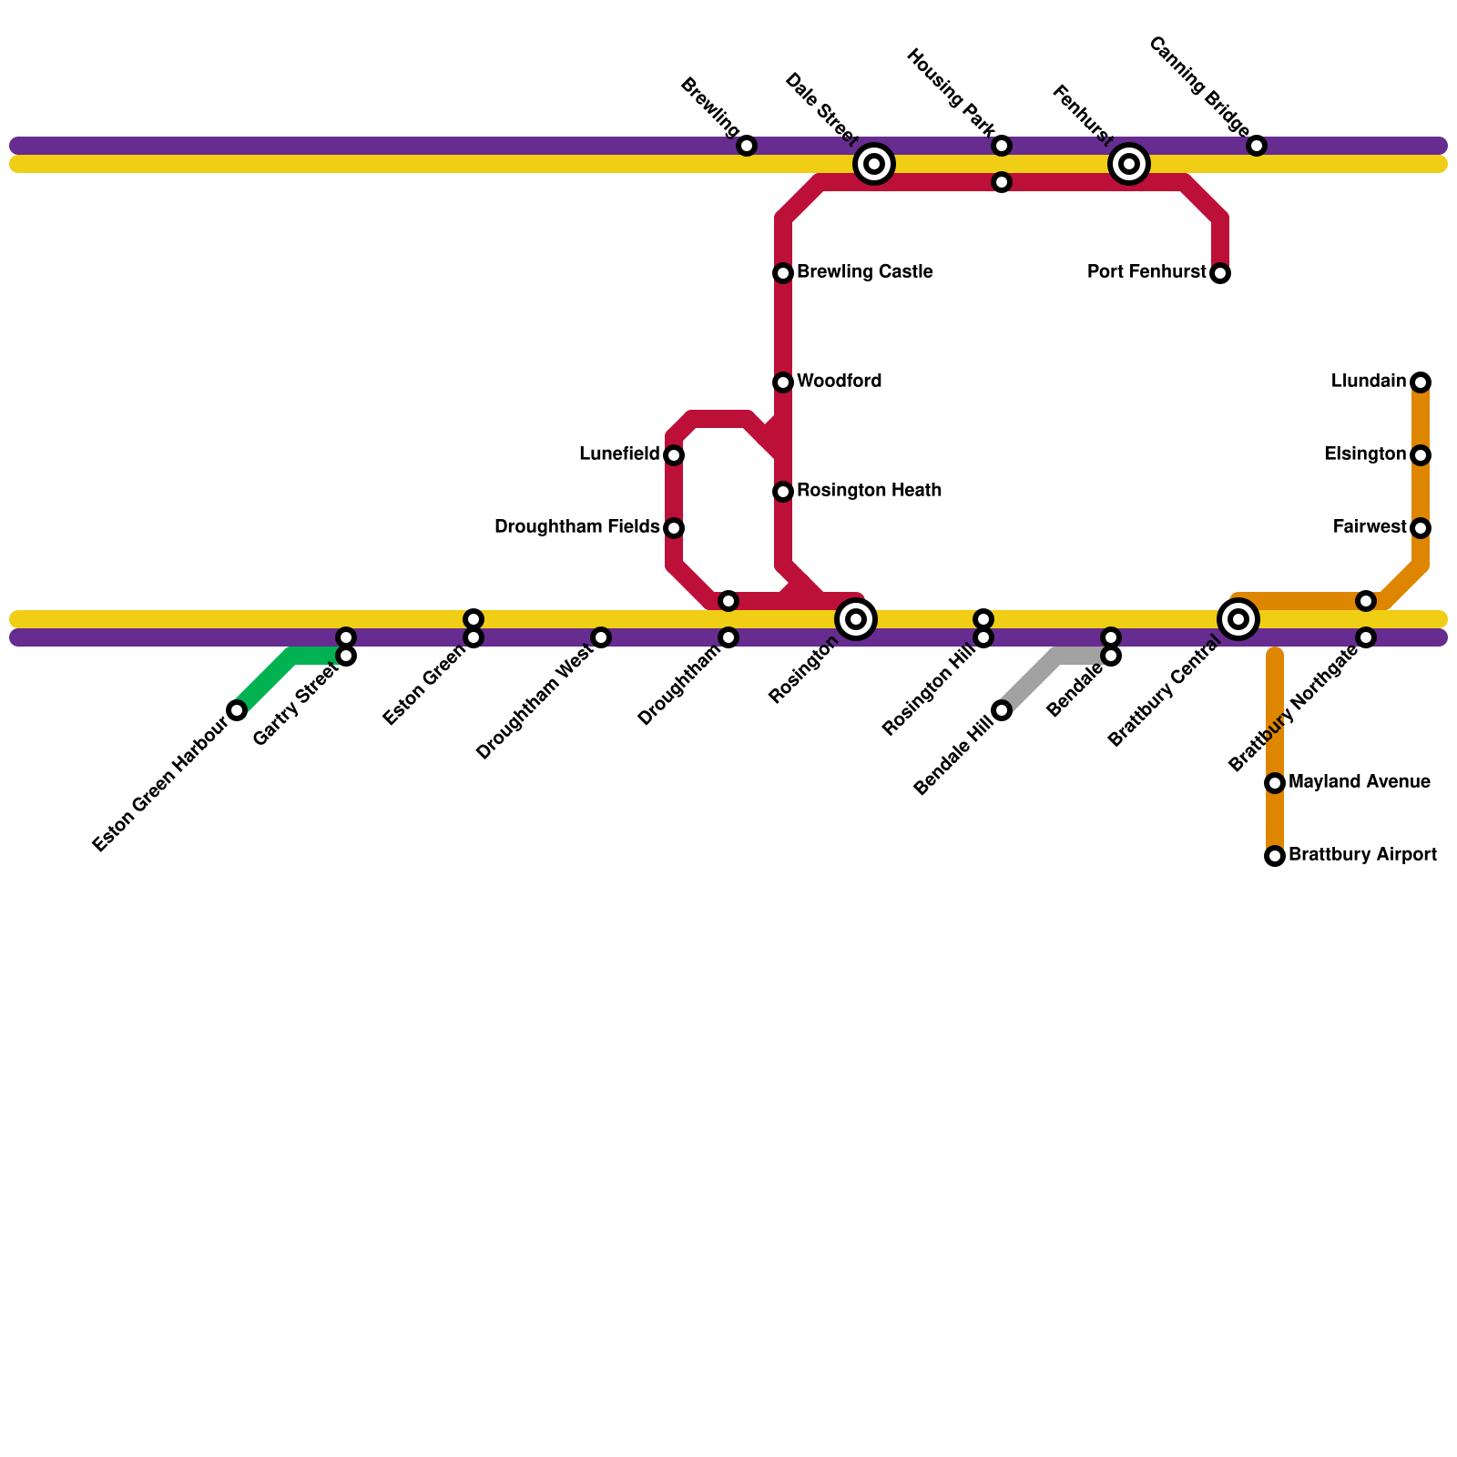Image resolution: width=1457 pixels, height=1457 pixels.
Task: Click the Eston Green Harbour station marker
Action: click(237, 710)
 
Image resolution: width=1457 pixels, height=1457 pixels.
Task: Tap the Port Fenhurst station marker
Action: click(1220, 273)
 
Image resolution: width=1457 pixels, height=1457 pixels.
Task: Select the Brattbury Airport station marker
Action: click(1275, 856)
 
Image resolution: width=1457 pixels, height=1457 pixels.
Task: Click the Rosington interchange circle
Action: click(856, 619)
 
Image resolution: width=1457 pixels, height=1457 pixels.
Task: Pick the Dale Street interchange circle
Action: click(874, 164)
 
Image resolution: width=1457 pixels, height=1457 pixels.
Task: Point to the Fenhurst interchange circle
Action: click(1129, 164)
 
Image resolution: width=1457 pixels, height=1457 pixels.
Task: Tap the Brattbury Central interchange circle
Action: click(1238, 619)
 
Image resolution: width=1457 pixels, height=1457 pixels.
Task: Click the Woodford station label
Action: click(839, 382)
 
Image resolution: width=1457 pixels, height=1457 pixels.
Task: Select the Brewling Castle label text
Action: click(864, 272)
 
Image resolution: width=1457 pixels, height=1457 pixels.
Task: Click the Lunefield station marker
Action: click(674, 455)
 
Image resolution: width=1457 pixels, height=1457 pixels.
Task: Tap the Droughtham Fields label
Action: click(576, 527)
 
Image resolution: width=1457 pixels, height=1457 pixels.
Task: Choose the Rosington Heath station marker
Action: click(783, 492)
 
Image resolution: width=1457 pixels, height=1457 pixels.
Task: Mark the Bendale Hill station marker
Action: click(1002, 710)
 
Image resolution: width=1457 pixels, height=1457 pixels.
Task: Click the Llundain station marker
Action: click(1421, 382)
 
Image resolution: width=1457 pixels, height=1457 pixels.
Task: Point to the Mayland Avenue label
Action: click(1359, 782)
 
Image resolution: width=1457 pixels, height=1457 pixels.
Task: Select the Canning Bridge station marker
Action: click(1257, 146)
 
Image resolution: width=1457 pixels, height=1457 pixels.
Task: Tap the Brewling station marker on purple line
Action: click(747, 146)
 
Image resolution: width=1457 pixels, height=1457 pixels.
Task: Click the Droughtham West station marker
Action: click(601, 637)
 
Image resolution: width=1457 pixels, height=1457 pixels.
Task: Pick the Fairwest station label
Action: click(1370, 527)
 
